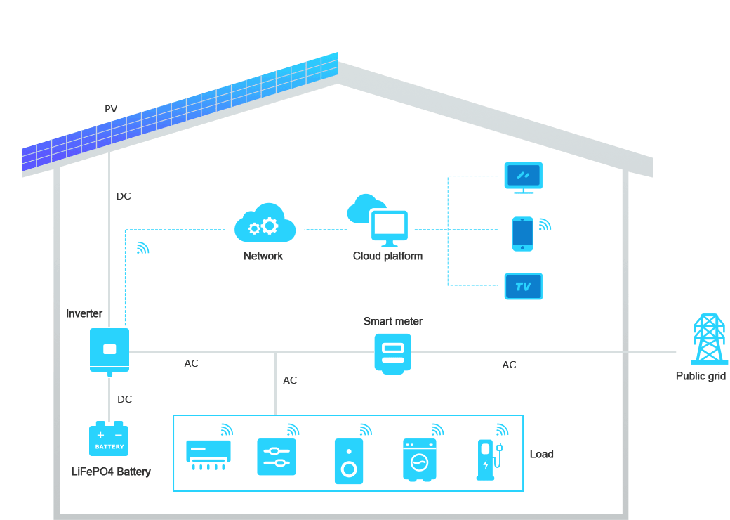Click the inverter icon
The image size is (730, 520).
pyautogui.click(x=109, y=351)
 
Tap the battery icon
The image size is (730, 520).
pyautogui.click(x=109, y=438)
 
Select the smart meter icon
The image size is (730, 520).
pyautogui.click(x=393, y=353)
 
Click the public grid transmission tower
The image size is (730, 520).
pyautogui.click(x=709, y=339)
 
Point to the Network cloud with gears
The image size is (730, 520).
pyautogui.click(x=265, y=223)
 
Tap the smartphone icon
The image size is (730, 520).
pyautogui.click(x=523, y=234)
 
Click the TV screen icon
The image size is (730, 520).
pyautogui.click(x=524, y=286)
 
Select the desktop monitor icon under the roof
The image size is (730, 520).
pyautogui.click(x=524, y=178)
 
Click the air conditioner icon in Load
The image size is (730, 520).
pyautogui.click(x=208, y=455)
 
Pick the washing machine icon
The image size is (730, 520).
pyautogui.click(x=420, y=460)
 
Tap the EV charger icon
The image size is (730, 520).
pyautogui.click(x=489, y=460)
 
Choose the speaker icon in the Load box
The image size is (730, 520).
pyautogui.click(x=349, y=461)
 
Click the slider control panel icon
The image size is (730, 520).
pyautogui.click(x=277, y=457)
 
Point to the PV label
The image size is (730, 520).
pyautogui.click(x=111, y=109)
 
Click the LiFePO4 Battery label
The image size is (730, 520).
pyautogui.click(x=112, y=472)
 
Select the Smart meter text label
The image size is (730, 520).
pyautogui.click(x=393, y=321)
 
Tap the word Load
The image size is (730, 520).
pyautogui.click(x=541, y=454)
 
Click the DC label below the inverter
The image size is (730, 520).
pyautogui.click(x=124, y=399)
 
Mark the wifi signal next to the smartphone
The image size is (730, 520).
pyautogui.click(x=545, y=225)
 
